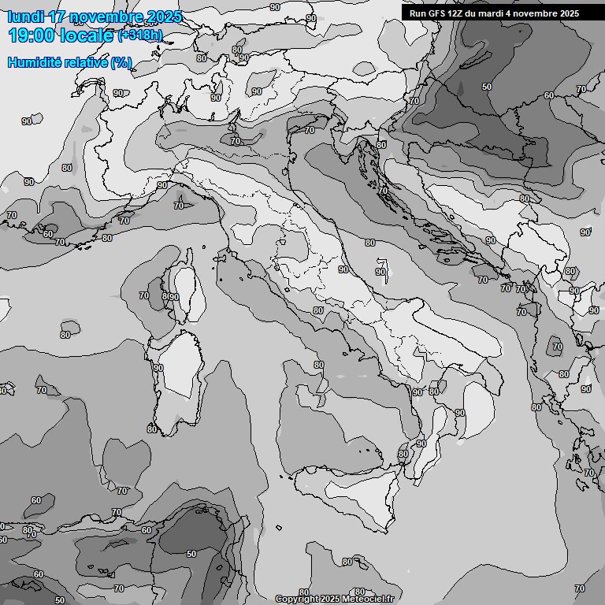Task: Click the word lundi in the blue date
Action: pos(25,17)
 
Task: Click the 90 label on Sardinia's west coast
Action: pos(158,368)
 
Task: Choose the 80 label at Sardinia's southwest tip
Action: pos(151,429)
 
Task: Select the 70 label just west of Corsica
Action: pos(144,295)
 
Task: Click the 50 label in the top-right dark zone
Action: pos(487,87)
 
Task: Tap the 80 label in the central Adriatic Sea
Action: pos(369,243)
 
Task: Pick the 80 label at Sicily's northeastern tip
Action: pos(403,455)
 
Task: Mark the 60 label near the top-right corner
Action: pos(549,95)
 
